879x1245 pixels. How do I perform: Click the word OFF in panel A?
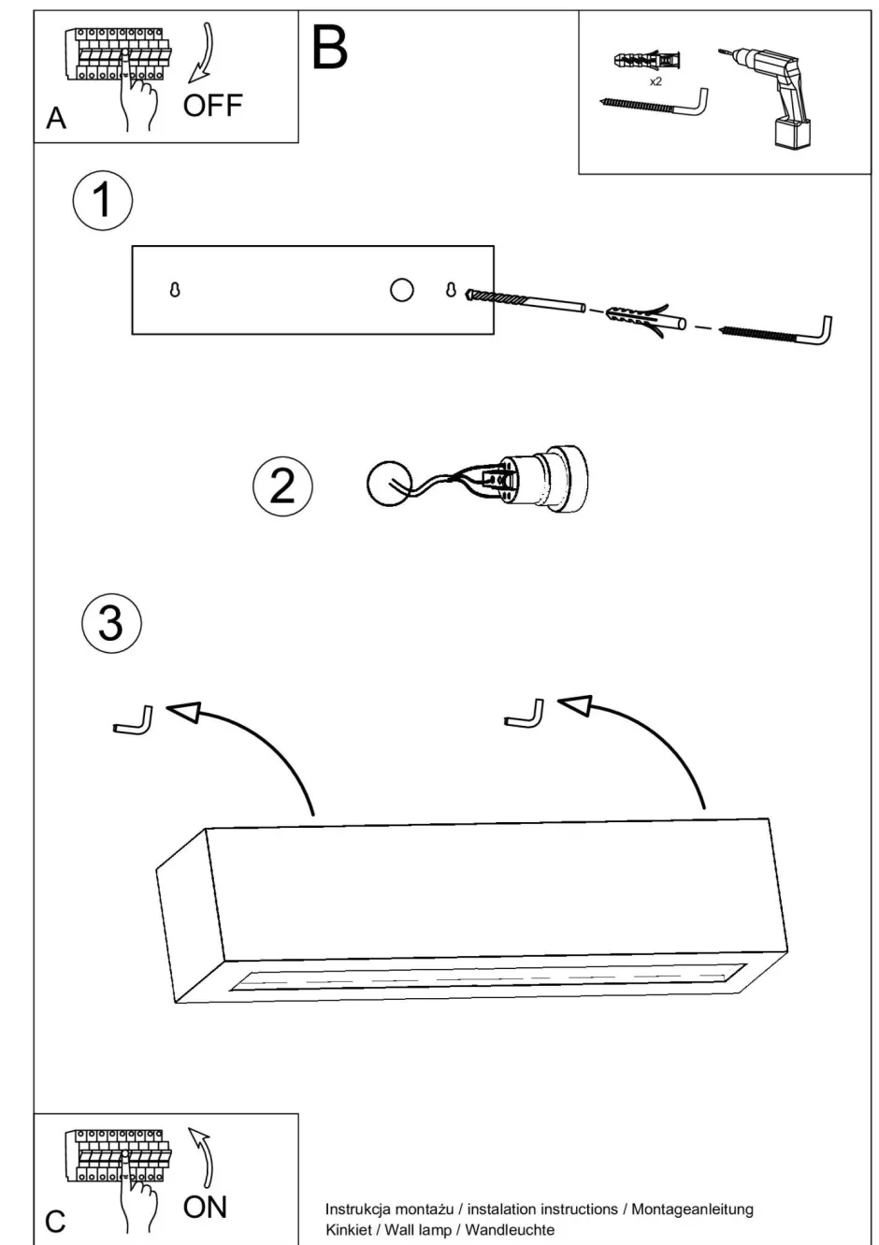tap(212, 106)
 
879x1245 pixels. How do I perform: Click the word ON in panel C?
tap(205, 1207)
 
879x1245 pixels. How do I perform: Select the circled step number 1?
tap(103, 200)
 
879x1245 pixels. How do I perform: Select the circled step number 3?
tap(111, 623)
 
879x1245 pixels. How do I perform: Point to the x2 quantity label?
tap(656, 82)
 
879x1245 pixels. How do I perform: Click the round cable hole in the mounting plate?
tap(402, 290)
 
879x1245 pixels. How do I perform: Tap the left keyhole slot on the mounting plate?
tap(175, 290)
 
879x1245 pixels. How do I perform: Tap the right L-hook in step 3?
tap(526, 715)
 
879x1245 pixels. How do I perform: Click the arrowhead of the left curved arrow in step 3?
tap(185, 713)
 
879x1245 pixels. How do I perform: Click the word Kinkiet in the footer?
tap(348, 1229)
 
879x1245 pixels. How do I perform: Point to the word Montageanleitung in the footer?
tap(692, 1209)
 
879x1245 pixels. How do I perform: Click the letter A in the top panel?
tap(56, 119)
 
